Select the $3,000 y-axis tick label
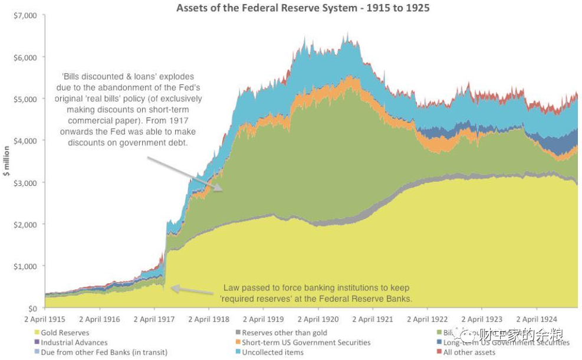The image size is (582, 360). (24, 182)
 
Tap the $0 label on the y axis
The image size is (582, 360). (32, 308)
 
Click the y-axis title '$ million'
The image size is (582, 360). (6, 161)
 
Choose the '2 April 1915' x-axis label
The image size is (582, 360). (45, 319)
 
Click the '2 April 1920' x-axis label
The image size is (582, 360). (318, 319)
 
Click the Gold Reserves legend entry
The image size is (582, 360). (64, 333)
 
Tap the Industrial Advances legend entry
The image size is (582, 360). (73, 342)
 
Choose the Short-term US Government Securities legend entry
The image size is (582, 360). (305, 342)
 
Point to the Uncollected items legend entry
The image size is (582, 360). (272, 352)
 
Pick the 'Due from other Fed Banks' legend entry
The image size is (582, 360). (103, 352)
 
